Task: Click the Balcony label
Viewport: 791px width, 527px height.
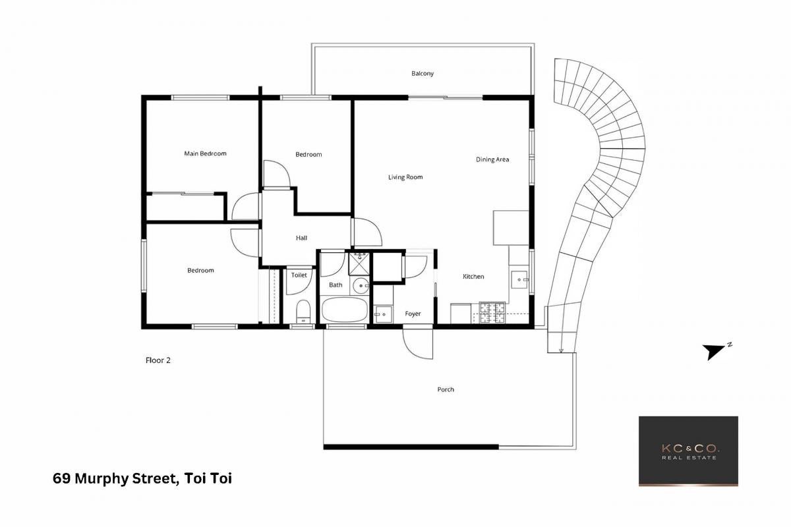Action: coord(423,73)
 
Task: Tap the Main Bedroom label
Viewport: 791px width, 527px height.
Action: coord(205,153)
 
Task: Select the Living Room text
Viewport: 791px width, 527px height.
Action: coord(405,177)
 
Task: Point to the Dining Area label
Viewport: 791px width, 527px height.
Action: coord(492,159)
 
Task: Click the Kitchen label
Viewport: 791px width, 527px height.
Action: coord(473,277)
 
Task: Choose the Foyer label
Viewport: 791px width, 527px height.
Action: coord(413,314)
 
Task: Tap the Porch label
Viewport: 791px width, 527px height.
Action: coord(446,389)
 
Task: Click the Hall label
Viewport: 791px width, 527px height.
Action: coord(301,238)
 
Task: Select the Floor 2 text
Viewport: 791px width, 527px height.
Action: coord(158,360)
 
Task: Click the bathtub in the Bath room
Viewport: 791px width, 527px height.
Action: coord(345,309)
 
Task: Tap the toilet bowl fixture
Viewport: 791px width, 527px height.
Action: coord(303,312)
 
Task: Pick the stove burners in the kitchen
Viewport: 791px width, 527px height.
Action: coord(492,312)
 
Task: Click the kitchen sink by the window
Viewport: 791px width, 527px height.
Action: coord(519,280)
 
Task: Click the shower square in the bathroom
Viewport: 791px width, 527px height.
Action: coord(359,263)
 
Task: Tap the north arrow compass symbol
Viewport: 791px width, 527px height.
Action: coord(715,351)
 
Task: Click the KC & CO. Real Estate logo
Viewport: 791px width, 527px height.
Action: coord(688,451)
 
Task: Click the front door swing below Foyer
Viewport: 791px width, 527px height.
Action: coord(418,344)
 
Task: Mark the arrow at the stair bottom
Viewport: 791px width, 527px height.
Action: coord(561,350)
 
